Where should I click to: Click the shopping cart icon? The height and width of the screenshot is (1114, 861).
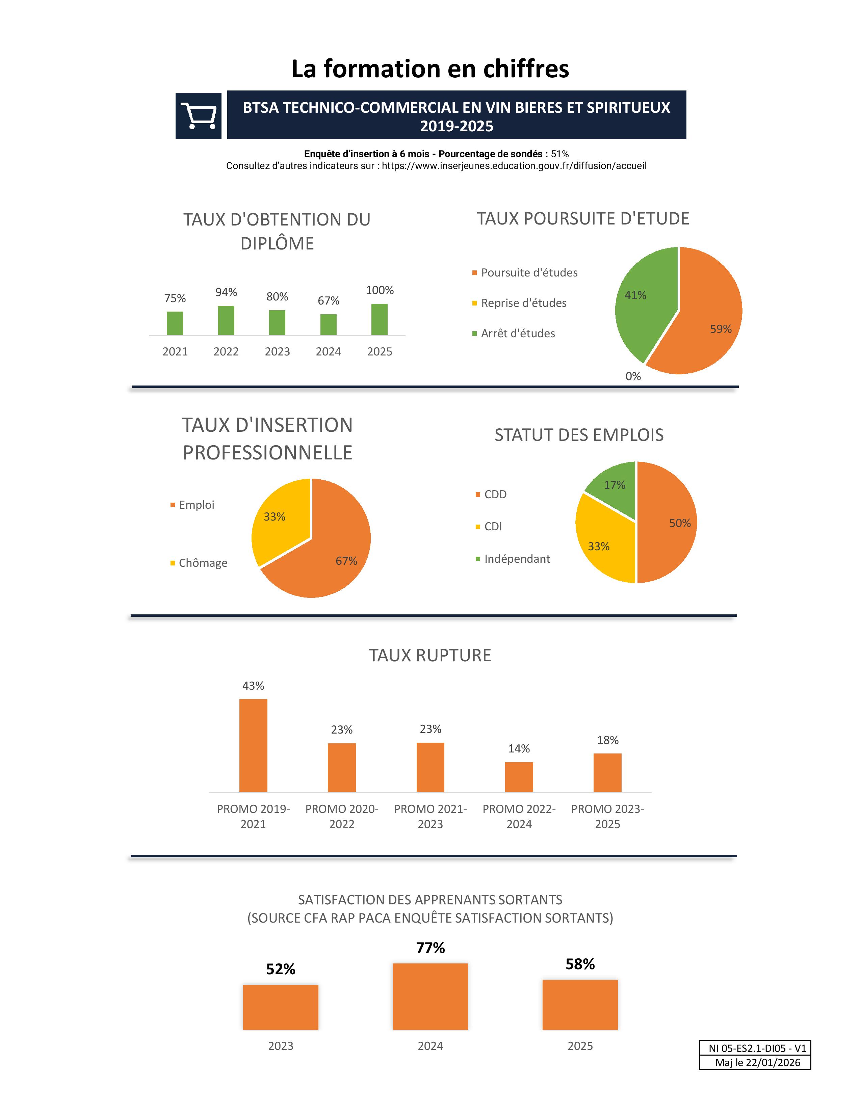(199, 116)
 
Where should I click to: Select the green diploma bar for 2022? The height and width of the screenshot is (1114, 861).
(226, 320)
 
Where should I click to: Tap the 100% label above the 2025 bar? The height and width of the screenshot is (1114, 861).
(380, 290)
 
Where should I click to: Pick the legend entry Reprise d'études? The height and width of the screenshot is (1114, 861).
(523, 303)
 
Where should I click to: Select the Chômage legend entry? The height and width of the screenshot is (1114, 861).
(203, 563)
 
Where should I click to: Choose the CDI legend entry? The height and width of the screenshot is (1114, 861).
(493, 526)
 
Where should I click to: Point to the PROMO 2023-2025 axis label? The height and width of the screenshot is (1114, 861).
(607, 816)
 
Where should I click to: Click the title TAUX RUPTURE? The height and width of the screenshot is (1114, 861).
(430, 656)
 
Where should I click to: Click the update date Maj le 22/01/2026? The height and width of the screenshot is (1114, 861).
(757, 1062)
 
